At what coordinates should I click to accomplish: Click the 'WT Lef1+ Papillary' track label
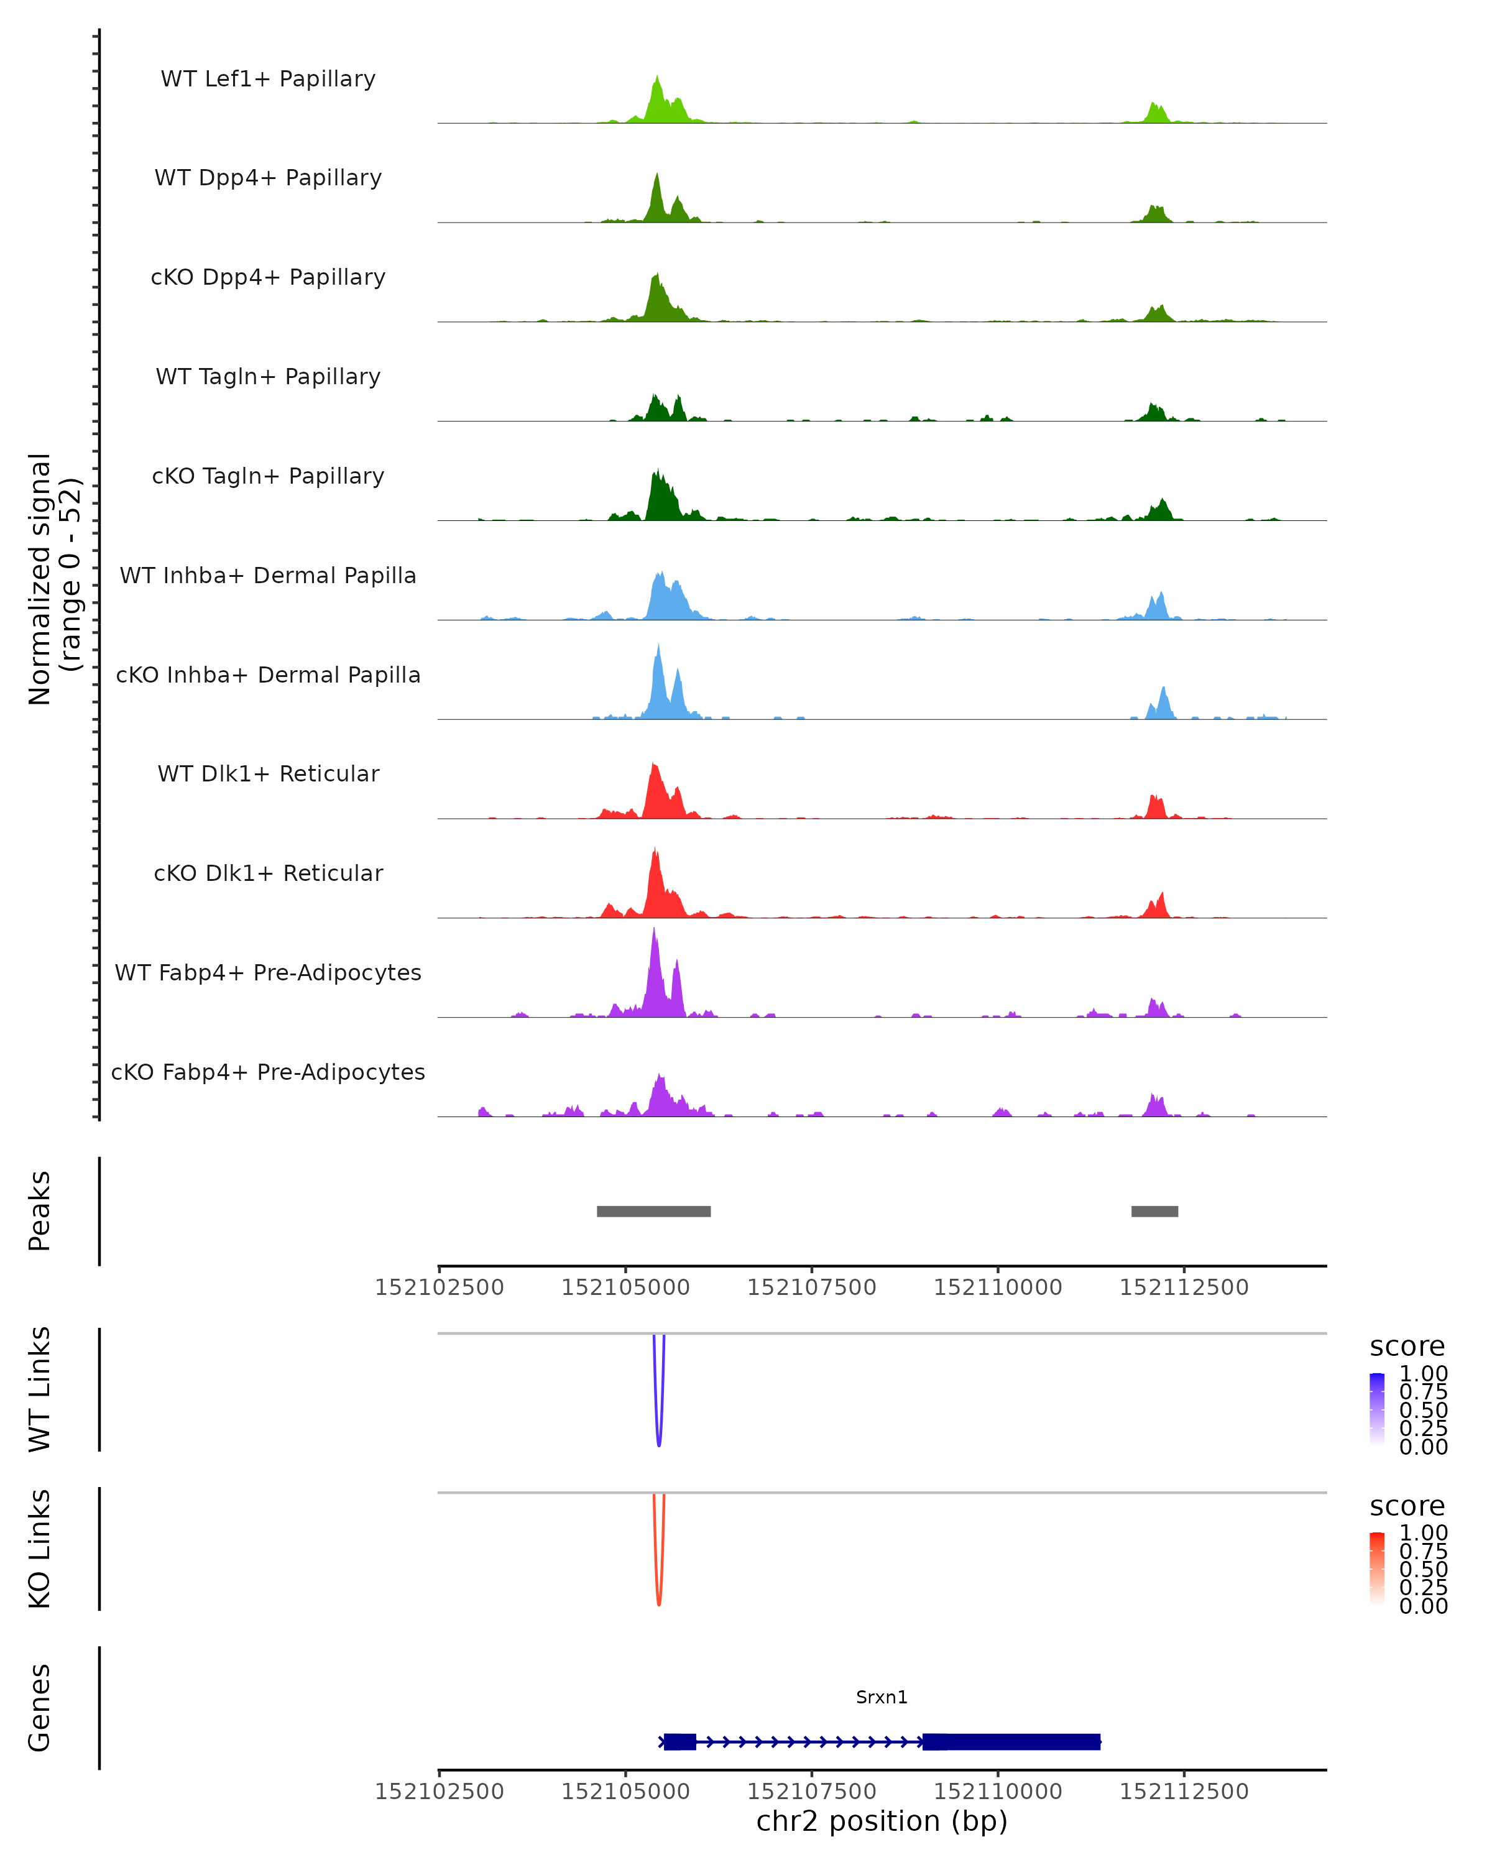click(x=268, y=79)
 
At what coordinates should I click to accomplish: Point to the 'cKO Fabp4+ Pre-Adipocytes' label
click(x=268, y=1072)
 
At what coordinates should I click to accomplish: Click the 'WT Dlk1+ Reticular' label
click(x=268, y=773)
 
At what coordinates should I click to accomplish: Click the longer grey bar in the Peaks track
click(x=654, y=1211)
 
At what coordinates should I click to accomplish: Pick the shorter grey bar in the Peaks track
click(x=1154, y=1211)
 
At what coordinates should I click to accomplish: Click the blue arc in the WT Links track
click(x=659, y=1436)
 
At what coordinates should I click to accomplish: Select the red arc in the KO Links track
click(x=659, y=1596)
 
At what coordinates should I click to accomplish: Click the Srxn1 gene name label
click(x=882, y=1697)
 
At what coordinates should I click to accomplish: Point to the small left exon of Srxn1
click(x=680, y=1741)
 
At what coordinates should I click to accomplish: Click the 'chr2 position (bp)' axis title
click(x=882, y=1821)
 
